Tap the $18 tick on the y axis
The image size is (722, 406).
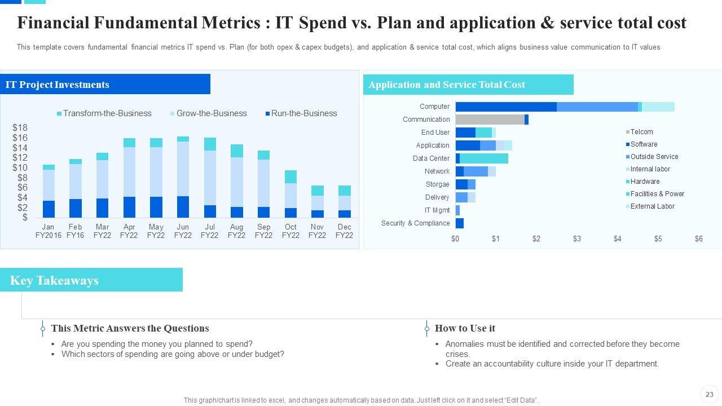[20, 127]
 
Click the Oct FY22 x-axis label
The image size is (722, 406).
[290, 231]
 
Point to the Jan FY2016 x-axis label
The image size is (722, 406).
[48, 231]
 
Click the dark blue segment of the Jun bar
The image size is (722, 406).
[183, 207]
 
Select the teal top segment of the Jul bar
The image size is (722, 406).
[210, 144]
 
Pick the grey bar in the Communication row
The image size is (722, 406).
[490, 120]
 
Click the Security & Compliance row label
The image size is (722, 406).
[415, 223]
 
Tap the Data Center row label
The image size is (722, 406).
[431, 158]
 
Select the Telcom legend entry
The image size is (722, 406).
[641, 132]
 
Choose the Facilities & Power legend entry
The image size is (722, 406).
[657, 194]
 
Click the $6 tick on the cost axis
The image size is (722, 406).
[699, 239]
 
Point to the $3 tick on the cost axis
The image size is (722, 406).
[577, 239]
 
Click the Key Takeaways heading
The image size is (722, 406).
[54, 280]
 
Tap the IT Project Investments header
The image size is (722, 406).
[58, 85]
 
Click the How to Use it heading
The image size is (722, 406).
[465, 328]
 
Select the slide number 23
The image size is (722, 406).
[710, 394]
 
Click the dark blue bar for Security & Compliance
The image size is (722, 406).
[460, 223]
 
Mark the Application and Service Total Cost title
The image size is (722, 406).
[447, 85]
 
